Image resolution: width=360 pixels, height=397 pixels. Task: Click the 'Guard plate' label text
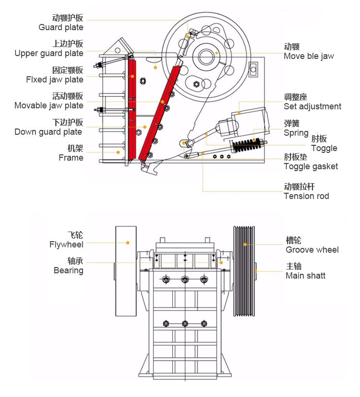61,27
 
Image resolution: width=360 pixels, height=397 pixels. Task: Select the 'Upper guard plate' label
49,53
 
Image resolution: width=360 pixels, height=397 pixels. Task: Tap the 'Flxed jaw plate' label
55,80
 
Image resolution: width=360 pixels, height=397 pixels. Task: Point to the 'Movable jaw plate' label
49,105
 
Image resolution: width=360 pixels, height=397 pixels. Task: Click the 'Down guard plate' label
48,132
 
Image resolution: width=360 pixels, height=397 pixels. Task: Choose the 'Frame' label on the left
71,158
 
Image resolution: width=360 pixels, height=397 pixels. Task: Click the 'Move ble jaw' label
309,56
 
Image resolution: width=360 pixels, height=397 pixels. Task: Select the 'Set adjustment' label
312,106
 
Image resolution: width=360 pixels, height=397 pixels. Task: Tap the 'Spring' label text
296,133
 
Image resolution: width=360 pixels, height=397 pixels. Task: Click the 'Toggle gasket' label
311,166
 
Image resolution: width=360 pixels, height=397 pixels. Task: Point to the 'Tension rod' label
306,196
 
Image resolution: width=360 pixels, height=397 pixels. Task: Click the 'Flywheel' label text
66,245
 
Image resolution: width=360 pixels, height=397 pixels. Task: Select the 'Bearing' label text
69,270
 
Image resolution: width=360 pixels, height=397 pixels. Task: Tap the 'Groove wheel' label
312,249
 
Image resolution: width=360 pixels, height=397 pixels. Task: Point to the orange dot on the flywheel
128,243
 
